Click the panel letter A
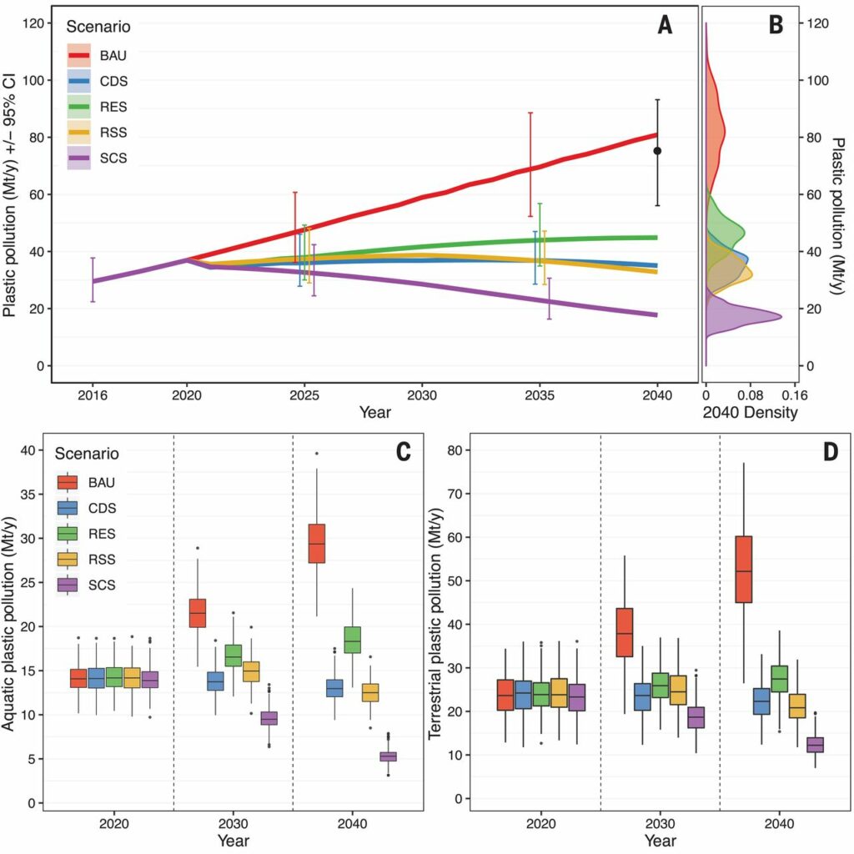(665, 27)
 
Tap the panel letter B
(775, 27)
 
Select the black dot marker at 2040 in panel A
(657, 151)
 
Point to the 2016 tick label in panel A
(93, 396)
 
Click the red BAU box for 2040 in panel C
(317, 543)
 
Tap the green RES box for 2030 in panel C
(234, 656)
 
